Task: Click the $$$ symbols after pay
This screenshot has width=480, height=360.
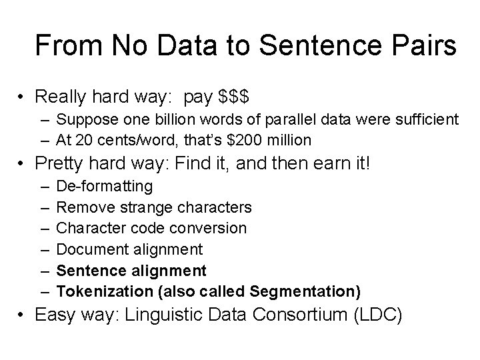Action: point(233,97)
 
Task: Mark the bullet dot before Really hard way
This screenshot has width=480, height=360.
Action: point(24,97)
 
